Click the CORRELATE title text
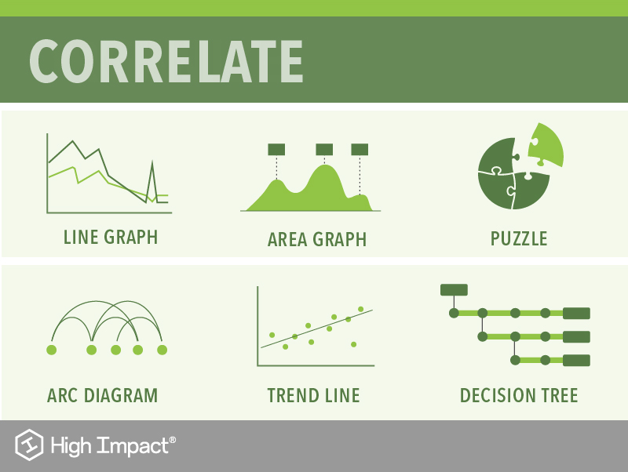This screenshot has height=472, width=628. (x=166, y=60)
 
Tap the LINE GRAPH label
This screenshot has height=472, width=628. (x=111, y=237)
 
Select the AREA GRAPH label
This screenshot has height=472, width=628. (x=317, y=239)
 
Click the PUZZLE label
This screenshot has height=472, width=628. (x=519, y=238)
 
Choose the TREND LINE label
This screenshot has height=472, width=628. (x=313, y=395)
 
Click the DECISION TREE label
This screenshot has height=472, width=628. (x=519, y=395)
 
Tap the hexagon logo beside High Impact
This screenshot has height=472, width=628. (x=29, y=446)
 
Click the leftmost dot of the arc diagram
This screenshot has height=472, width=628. (x=52, y=350)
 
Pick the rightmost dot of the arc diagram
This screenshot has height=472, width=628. (x=162, y=350)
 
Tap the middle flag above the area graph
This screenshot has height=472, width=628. (x=324, y=149)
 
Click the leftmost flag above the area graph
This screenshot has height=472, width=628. (x=276, y=149)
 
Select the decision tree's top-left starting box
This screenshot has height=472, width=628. (x=454, y=289)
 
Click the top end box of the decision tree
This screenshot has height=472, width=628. (x=576, y=314)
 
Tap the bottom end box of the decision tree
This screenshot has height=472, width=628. (x=576, y=361)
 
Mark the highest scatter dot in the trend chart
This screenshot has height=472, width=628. (x=361, y=309)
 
